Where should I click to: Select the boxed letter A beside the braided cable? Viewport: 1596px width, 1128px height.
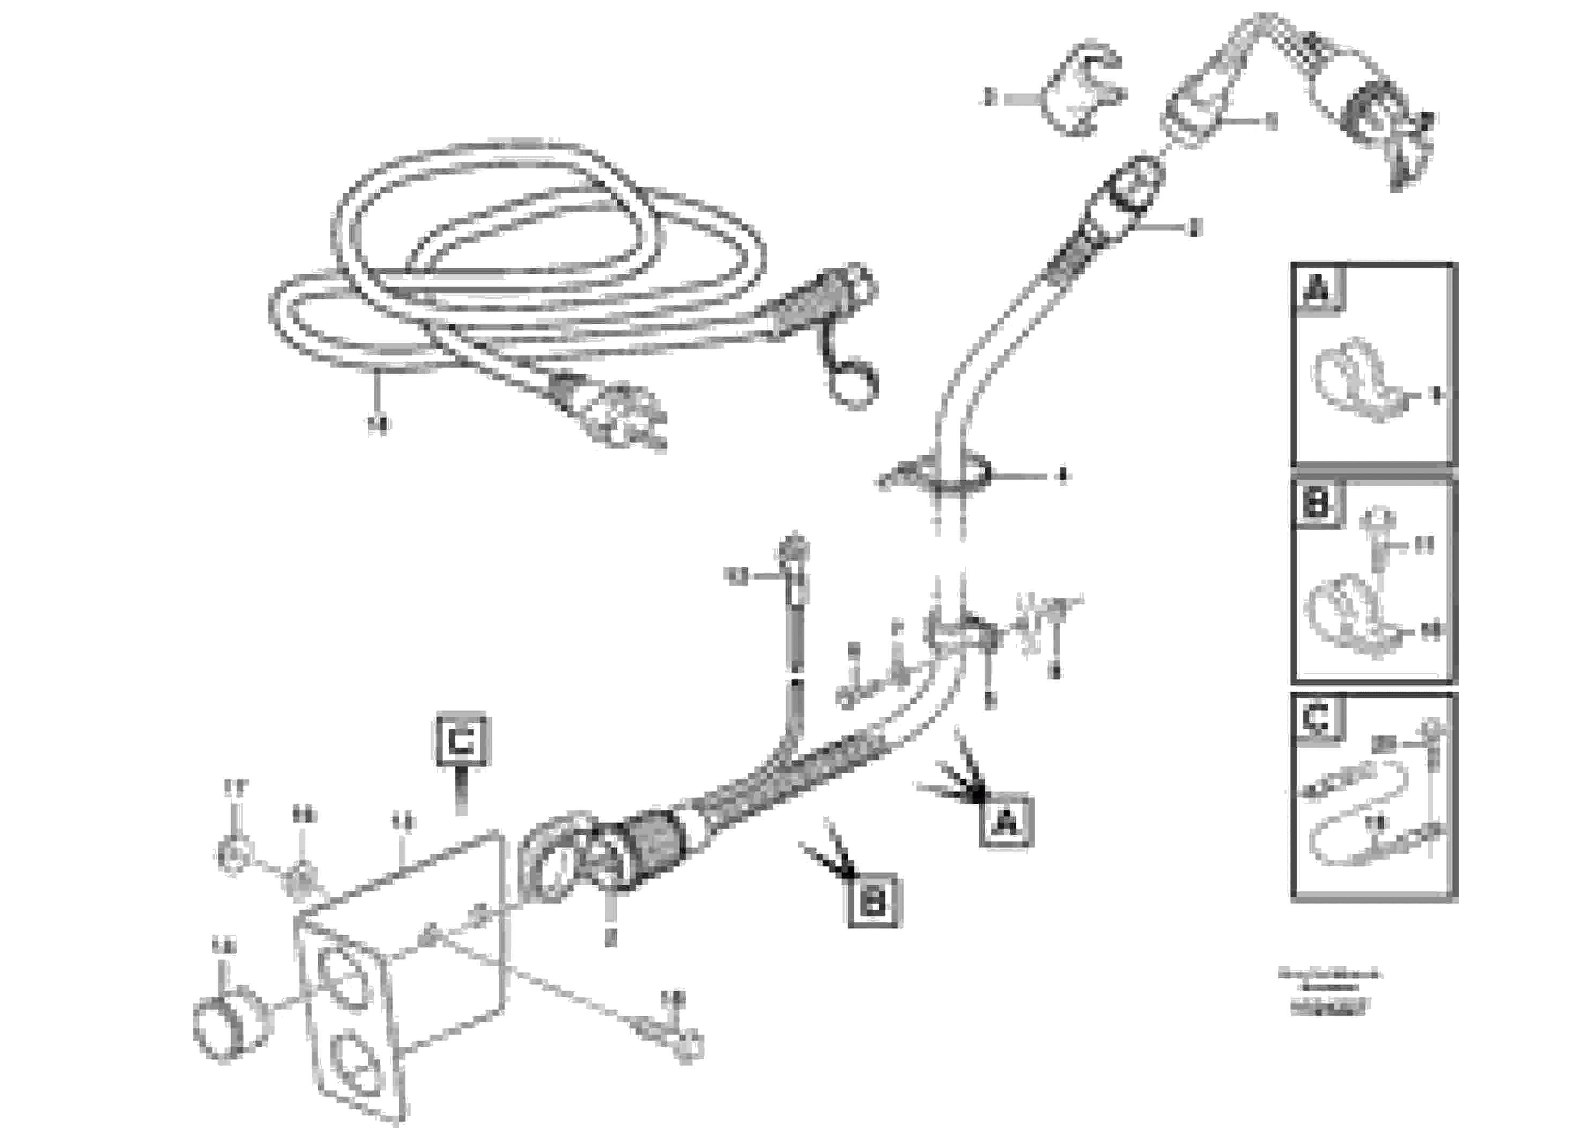coord(1006,822)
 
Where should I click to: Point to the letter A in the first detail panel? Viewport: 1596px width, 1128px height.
coord(1318,288)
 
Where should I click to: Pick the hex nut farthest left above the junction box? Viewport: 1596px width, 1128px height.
coord(234,855)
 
